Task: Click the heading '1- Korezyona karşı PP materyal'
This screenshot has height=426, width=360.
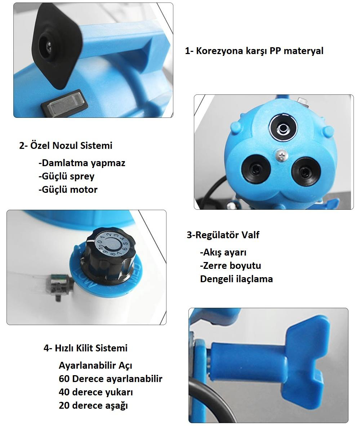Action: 254,51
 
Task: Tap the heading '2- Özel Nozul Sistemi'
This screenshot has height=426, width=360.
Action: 66,145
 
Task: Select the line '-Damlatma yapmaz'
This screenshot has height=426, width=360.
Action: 82,163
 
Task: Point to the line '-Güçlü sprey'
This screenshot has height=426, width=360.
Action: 67,176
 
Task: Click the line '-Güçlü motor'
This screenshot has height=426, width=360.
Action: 68,189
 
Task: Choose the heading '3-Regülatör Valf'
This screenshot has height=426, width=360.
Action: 223,235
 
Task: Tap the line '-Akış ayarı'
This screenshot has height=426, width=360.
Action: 223,252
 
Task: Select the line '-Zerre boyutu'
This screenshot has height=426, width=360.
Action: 230,265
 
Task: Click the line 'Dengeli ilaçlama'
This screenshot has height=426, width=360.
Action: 236,279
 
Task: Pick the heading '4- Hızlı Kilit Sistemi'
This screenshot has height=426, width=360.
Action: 85,348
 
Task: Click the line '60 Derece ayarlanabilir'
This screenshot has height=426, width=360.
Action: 111,379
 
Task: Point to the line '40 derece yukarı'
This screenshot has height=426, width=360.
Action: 96,392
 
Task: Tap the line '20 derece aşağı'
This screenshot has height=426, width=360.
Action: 93,405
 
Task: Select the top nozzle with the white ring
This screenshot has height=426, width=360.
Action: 283,128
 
